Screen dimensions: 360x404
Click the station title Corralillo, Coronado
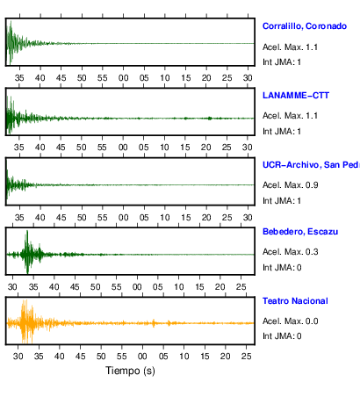point(305,26)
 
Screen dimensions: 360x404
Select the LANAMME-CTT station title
point(296,96)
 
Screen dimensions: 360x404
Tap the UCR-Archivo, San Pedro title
point(311,165)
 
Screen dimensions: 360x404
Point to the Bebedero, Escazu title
point(300,232)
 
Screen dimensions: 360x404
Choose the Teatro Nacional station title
point(295,301)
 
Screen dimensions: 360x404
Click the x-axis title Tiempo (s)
point(130,371)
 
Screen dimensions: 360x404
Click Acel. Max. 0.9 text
point(290,185)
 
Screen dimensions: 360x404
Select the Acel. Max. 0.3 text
point(290,252)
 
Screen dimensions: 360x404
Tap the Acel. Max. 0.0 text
point(290,321)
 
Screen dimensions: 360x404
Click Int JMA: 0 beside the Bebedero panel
point(282,268)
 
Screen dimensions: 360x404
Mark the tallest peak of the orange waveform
point(25,301)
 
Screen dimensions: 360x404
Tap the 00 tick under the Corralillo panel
point(123,78)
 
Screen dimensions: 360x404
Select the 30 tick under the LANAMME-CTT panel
point(248,147)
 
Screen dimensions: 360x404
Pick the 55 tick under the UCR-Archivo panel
point(103,218)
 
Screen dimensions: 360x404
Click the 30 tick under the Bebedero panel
point(12,287)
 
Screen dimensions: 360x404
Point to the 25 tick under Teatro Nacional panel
point(246,357)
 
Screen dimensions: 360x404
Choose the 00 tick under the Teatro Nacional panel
point(142,357)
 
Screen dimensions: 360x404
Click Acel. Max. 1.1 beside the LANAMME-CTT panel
point(290,116)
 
